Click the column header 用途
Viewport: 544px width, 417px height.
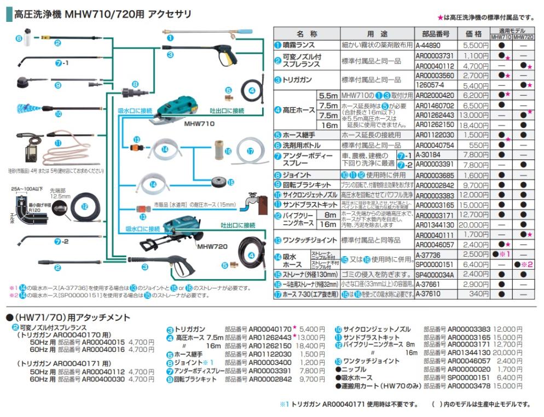[x=377, y=34]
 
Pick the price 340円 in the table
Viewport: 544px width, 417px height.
[x=478, y=294]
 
